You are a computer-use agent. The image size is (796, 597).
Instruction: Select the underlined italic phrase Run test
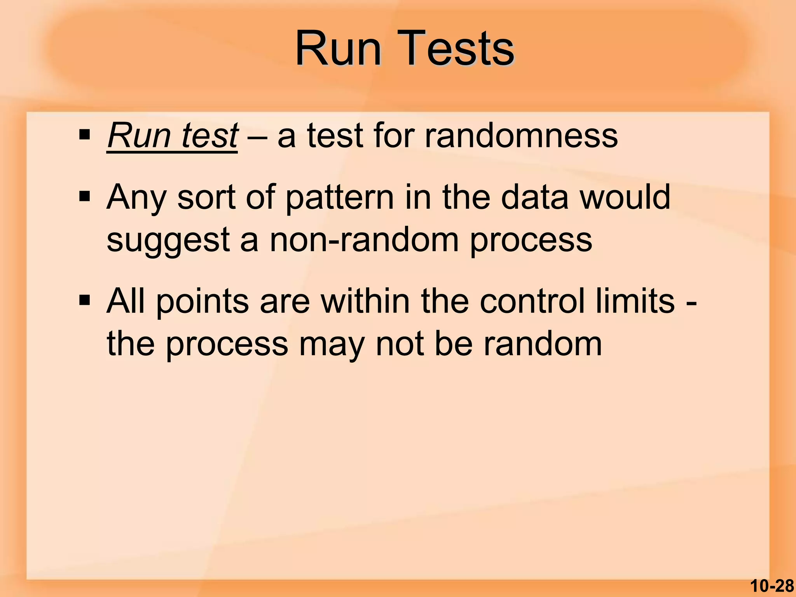point(172,136)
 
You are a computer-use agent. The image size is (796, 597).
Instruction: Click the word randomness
point(521,136)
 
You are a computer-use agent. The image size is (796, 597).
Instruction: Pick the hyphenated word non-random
point(364,239)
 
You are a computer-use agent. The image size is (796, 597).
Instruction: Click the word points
point(202,302)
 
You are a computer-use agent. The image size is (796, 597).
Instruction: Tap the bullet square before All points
point(84,300)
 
